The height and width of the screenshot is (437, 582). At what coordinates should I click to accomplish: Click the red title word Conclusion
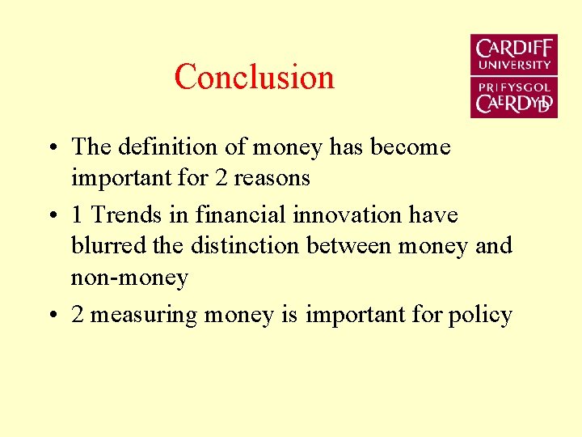[254, 77]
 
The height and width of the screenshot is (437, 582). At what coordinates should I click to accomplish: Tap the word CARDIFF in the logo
[514, 48]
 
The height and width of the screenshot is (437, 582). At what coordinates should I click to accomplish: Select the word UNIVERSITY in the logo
[514, 65]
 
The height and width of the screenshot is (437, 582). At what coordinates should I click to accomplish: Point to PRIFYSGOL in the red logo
[514, 87]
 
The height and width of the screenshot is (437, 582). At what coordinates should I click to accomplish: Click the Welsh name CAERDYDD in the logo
[514, 104]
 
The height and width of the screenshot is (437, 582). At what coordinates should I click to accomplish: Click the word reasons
[272, 177]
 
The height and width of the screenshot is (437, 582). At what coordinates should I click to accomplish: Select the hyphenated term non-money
[129, 278]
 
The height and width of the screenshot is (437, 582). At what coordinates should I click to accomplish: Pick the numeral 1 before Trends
[78, 215]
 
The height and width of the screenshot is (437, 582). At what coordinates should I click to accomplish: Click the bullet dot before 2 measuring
[51, 316]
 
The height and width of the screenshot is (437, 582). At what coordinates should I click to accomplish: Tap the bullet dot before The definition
[51, 148]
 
